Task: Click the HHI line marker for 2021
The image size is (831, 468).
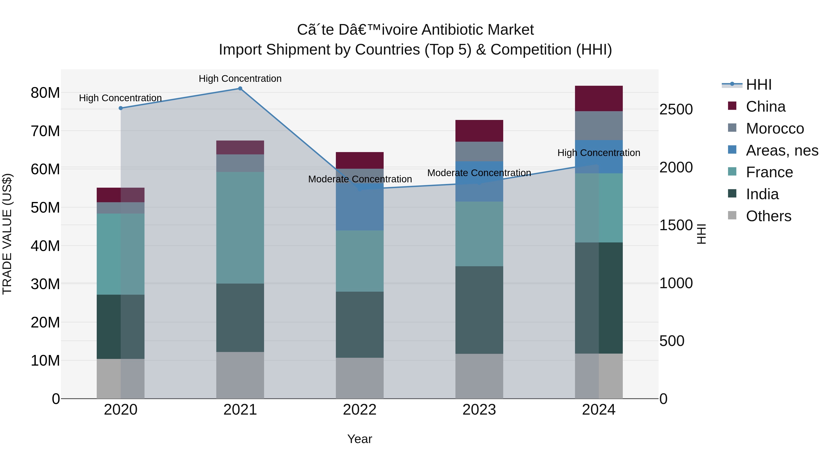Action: point(240,89)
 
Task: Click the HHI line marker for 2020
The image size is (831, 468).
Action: point(121,108)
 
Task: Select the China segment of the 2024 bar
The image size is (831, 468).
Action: point(599,98)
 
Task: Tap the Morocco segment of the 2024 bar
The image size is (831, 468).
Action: point(599,126)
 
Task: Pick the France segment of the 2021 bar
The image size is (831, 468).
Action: point(240,228)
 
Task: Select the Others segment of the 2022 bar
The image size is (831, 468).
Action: point(360,378)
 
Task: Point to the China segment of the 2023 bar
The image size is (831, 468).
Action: point(479,131)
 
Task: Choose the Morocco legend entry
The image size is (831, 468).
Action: point(774,128)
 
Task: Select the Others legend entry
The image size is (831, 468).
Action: point(768,216)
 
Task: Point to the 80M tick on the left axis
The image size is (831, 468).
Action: point(45,93)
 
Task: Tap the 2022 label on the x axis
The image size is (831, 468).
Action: point(360,410)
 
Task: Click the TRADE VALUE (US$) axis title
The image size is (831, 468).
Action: point(7,234)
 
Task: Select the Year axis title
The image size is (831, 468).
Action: point(360,439)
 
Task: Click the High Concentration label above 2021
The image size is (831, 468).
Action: point(240,79)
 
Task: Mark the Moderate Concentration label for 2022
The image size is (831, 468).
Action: point(360,179)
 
